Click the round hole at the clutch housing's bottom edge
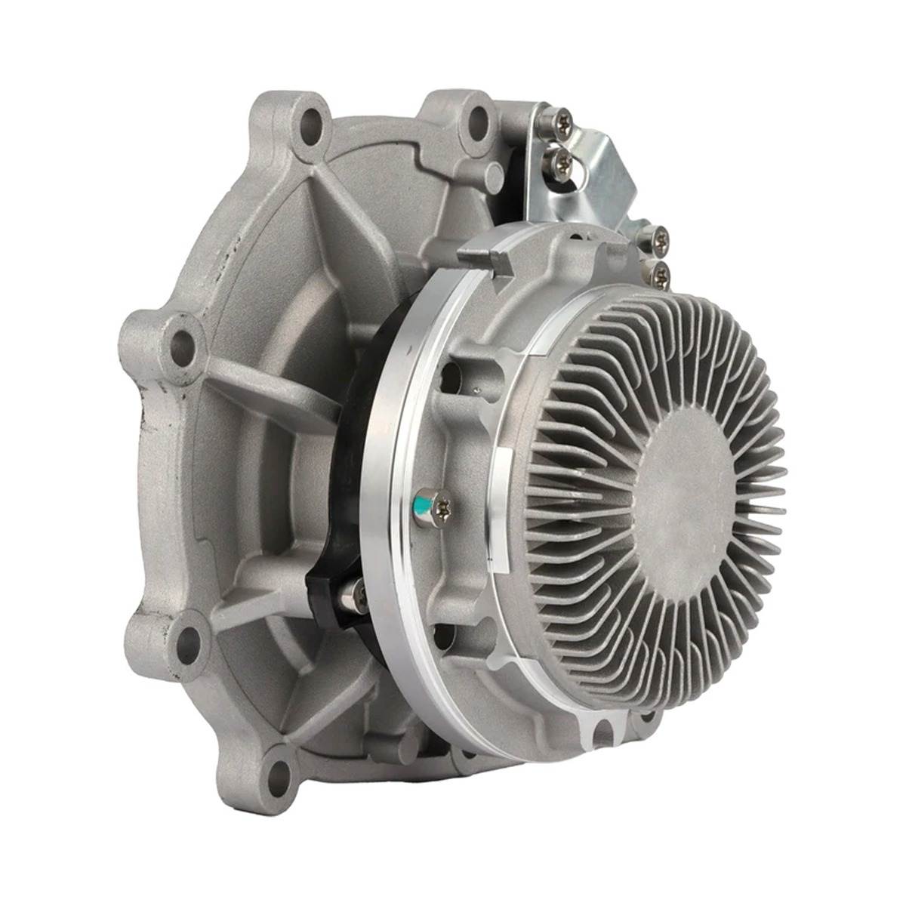pos(601,728)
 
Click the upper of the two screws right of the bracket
pos(649,238)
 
